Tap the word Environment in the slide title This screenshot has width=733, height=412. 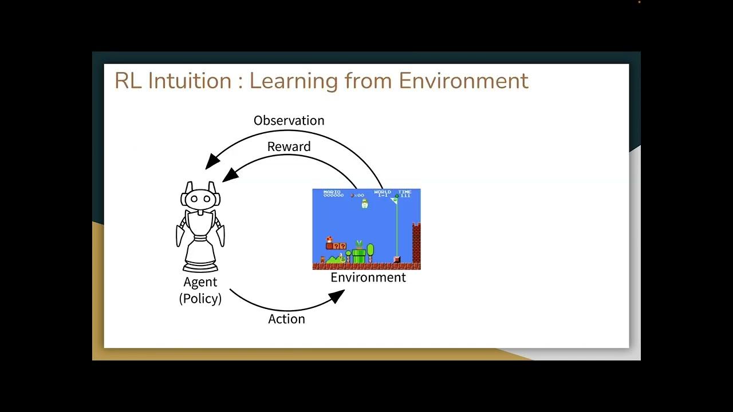coord(463,81)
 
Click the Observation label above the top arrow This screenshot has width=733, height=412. coord(289,121)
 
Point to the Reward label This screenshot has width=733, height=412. coord(289,146)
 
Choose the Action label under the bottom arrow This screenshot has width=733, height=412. coord(286,319)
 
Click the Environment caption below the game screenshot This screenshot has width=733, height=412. coord(368,278)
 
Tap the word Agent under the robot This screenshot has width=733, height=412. coord(200,282)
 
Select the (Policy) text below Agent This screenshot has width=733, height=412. coord(200,298)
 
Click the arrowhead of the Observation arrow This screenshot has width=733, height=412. coord(211,162)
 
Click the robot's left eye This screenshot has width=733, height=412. coord(194,199)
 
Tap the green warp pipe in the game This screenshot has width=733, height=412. coord(358,255)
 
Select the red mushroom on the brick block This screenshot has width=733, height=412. coord(329,239)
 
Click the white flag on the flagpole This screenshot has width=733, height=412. coord(393,200)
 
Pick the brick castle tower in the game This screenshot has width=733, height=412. coord(416,243)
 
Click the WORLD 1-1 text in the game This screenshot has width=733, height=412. coord(382,193)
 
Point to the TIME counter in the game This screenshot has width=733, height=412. coord(405,193)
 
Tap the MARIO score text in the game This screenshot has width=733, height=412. coord(333,193)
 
